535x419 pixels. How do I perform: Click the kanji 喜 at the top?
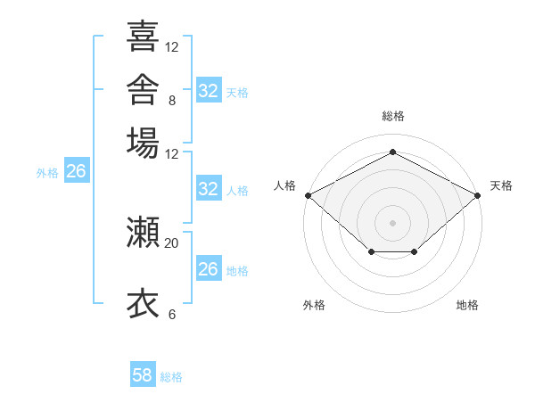pos(143,36)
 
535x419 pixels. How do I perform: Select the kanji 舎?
pos(143,89)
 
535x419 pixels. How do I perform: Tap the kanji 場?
pos(143,143)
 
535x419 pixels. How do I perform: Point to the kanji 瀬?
pos(143,232)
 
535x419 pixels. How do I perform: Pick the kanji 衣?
pos(143,303)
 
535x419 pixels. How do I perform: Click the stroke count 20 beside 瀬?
pos(171,243)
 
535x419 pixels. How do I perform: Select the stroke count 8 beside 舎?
pos(172,101)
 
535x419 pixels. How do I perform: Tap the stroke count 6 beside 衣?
pos(172,315)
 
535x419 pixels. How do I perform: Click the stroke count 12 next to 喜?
pos(171,47)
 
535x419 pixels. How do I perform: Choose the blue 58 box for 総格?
pos(143,374)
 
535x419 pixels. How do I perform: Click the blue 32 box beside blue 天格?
pos(209,90)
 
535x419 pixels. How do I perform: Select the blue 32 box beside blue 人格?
pos(209,188)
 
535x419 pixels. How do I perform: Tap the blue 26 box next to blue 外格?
pos(77,170)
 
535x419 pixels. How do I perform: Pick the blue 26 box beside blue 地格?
pos(209,267)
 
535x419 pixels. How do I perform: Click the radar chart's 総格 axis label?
pos(393,116)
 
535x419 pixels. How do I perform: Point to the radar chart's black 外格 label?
pos(314,305)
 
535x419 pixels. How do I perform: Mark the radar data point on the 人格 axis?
pos(309,195)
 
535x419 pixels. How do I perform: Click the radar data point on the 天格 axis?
pos(478,195)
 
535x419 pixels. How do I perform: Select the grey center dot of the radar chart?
pos(392,223)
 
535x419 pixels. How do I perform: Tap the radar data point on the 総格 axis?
pos(392,152)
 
